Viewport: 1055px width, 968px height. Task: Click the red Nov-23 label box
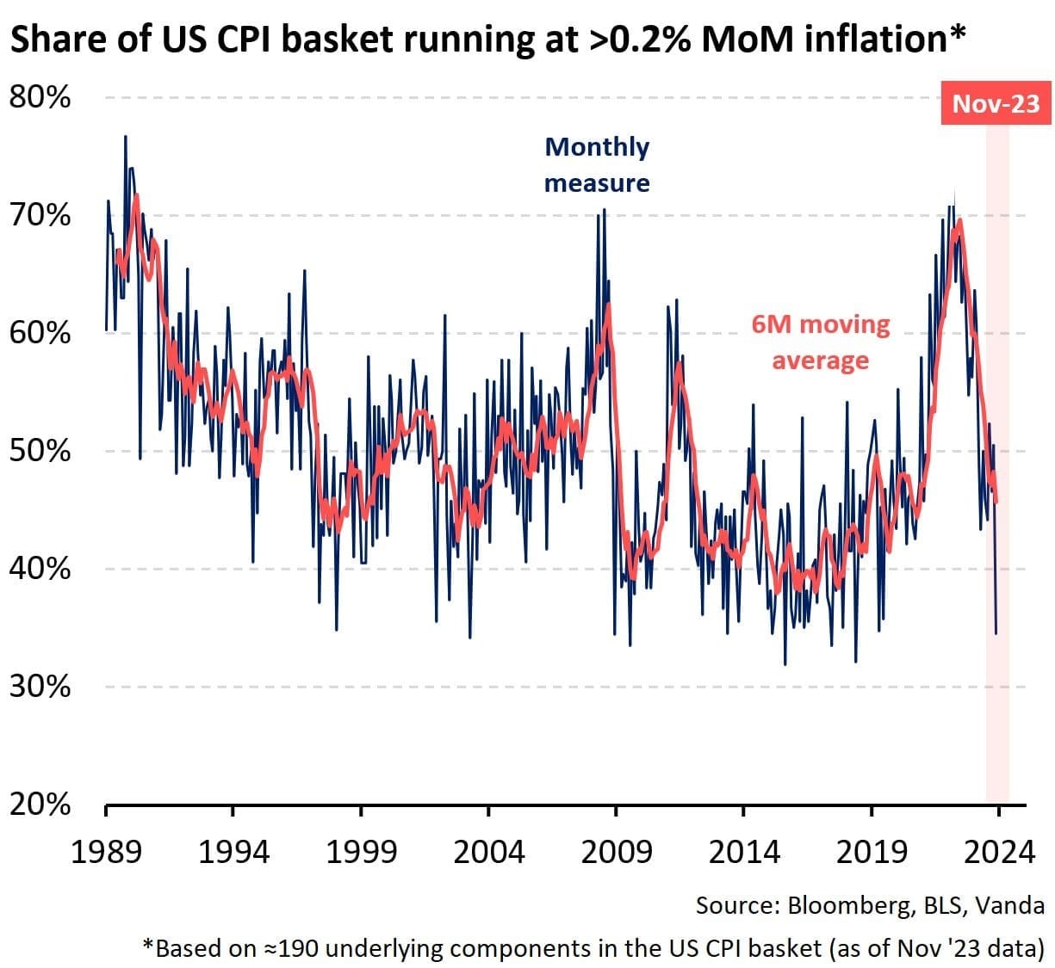coord(996,104)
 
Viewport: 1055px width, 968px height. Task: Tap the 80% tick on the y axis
coord(40,97)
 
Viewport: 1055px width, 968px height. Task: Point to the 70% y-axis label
coord(40,215)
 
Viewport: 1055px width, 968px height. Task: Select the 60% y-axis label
coord(40,333)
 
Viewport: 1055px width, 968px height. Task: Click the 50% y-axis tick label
coord(40,451)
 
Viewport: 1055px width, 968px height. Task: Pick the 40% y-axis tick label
coord(40,569)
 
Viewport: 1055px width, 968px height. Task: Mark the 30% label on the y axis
coord(40,687)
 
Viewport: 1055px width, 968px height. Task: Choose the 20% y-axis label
coord(40,805)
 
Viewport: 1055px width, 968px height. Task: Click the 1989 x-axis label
coord(105,852)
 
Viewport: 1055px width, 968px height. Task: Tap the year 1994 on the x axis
coord(233,852)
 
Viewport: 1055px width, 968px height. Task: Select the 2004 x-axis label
coord(488,852)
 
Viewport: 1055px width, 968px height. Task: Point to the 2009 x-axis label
coord(616,852)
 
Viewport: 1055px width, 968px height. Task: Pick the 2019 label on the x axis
coord(872,852)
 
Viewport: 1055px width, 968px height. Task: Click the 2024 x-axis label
coord(999,852)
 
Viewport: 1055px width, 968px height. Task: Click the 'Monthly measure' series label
coord(597,165)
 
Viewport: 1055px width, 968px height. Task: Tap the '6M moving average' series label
coord(820,342)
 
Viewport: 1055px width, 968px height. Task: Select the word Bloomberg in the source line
coord(841,905)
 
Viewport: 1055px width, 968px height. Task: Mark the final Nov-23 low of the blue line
coord(996,633)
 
